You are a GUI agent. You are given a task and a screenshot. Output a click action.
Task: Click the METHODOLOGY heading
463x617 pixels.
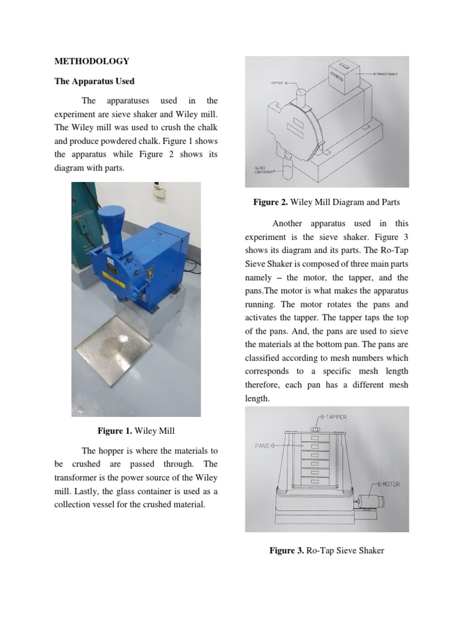point(92,61)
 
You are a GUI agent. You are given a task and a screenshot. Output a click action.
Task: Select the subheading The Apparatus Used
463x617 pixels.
point(94,81)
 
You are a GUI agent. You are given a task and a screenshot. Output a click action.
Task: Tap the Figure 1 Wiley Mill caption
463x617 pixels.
point(136,430)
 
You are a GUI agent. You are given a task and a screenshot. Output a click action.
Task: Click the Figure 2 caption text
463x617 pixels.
point(326,202)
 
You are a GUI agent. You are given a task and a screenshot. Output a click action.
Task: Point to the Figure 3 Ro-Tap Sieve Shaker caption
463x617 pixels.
point(326,550)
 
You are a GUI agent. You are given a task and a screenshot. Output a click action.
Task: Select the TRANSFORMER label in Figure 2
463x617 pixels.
point(386,74)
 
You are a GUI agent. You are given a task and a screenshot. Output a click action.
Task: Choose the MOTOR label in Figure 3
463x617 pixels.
point(389,484)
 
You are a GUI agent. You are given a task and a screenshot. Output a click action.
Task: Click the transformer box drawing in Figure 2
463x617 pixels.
point(342,75)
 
